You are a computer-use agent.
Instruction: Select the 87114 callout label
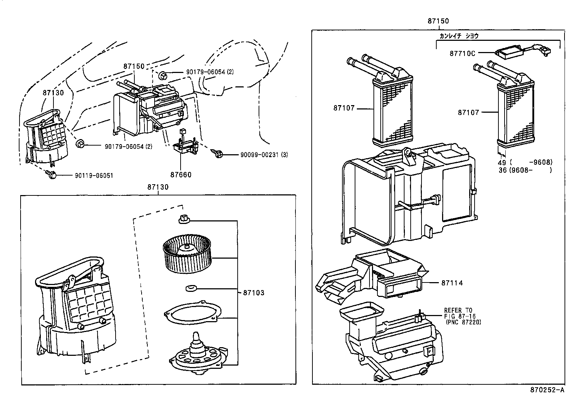[x=451, y=283]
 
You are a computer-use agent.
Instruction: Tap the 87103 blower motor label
[x=253, y=293]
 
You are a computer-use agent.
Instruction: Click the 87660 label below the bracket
[x=181, y=175]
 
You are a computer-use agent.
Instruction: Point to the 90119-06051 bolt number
[x=94, y=176]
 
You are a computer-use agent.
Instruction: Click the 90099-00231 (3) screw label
[x=264, y=155]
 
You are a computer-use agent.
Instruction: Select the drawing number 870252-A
[x=547, y=390]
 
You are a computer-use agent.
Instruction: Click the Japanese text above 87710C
[x=459, y=36]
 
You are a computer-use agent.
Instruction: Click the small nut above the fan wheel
[x=184, y=219]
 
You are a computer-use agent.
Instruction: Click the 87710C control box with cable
[x=509, y=52]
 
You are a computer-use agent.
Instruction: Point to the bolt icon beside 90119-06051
[x=52, y=175]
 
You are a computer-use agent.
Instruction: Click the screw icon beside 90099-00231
[x=219, y=154]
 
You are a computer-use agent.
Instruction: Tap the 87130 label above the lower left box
[x=158, y=187]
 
